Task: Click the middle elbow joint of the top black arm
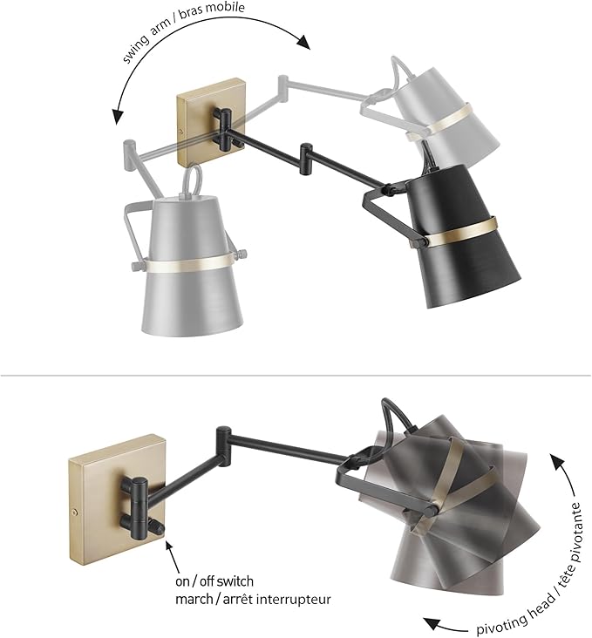click(x=307, y=157)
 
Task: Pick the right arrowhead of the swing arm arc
click(x=304, y=42)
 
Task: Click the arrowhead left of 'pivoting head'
click(x=429, y=621)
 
